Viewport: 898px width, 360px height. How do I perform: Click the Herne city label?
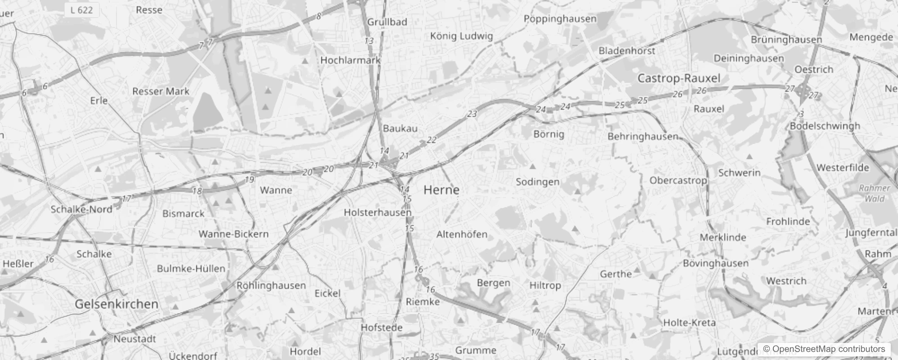click(x=441, y=190)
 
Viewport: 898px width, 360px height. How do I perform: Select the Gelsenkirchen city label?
click(x=117, y=304)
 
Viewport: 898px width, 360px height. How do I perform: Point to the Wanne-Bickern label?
click(x=233, y=234)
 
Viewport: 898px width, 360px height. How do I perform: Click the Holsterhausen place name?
click(x=377, y=212)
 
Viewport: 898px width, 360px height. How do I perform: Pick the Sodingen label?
click(x=538, y=182)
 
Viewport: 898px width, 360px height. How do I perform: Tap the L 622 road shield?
click(x=81, y=10)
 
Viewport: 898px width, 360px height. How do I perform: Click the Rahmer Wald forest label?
click(x=874, y=193)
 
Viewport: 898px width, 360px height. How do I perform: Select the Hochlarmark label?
click(x=350, y=60)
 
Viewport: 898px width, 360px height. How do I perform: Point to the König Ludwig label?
click(x=462, y=36)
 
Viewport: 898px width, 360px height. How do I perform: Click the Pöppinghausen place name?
click(x=560, y=19)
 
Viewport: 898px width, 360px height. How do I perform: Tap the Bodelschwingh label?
click(x=825, y=126)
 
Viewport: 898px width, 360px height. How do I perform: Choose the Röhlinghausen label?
click(x=271, y=285)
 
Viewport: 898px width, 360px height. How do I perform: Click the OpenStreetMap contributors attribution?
click(x=824, y=349)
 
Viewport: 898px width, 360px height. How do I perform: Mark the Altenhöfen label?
click(x=462, y=234)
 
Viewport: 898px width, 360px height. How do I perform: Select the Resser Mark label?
click(x=161, y=91)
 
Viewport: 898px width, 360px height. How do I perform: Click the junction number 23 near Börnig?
click(x=471, y=114)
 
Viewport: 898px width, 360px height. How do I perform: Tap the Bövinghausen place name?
click(x=716, y=263)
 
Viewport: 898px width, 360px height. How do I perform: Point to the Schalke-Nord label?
click(x=81, y=209)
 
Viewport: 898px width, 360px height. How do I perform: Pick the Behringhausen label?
click(x=643, y=136)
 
